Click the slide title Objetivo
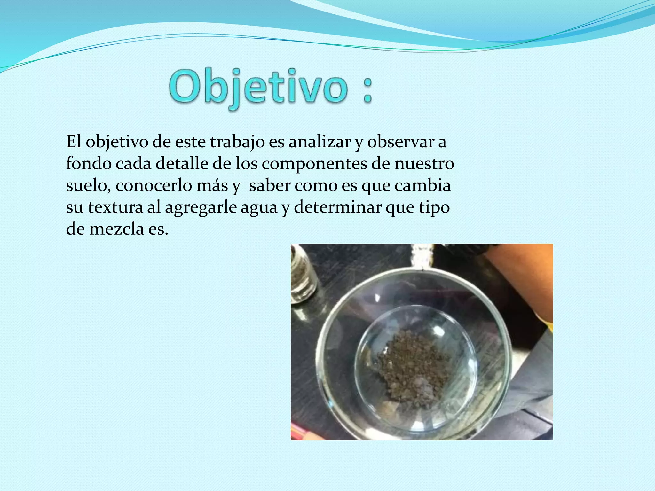(x=258, y=87)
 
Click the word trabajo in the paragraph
(x=237, y=142)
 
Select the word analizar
(x=320, y=142)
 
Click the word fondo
(x=89, y=163)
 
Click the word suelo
(x=88, y=185)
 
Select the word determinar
(x=337, y=207)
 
